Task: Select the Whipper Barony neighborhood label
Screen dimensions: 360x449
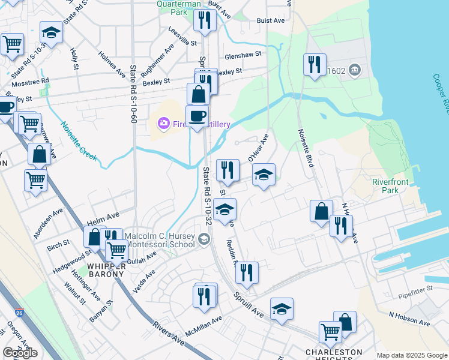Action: tap(106, 270)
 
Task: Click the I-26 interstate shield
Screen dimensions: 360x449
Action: tap(20, 312)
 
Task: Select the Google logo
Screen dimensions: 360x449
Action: tap(20, 353)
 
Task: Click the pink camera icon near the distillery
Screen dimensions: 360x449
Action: tap(163, 124)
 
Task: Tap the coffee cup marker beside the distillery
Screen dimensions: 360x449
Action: tap(197, 116)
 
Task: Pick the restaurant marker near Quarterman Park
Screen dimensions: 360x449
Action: tap(205, 20)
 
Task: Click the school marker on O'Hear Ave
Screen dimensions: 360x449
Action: tap(264, 175)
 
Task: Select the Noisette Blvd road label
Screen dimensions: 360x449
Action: tap(307, 148)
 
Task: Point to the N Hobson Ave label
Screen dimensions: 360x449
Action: tap(409, 319)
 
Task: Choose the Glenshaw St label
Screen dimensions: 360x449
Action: tap(243, 55)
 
